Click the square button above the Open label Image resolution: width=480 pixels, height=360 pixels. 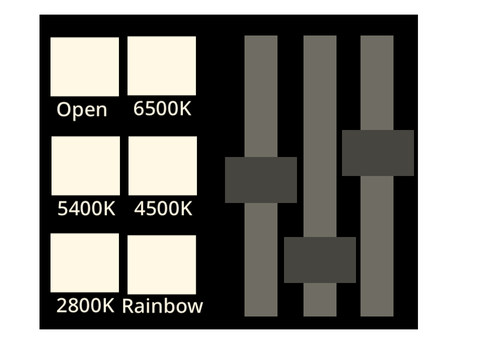coord(85,67)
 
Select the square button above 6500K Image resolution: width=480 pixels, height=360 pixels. coord(162,66)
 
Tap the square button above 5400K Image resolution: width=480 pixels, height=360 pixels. coord(86,166)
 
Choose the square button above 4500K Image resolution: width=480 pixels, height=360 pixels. coord(163,166)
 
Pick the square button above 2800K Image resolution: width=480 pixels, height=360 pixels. coord(85,263)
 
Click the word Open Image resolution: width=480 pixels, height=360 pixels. coord(82,110)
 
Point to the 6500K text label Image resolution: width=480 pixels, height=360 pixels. coord(162,109)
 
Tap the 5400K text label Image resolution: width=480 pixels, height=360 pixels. coord(86,209)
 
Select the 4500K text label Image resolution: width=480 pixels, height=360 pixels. coord(163,209)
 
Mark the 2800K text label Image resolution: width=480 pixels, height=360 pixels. coord(85,306)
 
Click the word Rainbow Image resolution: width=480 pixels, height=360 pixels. coord(163,306)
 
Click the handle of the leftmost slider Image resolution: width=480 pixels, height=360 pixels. coord(261,180)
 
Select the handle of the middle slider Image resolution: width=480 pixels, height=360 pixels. coord(320,260)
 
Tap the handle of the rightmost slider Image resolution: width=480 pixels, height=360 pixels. coord(378,153)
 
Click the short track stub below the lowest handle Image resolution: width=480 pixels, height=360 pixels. coord(320,300)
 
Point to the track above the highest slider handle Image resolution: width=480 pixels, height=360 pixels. coord(377,83)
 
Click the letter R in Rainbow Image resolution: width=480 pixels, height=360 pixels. coord(128,306)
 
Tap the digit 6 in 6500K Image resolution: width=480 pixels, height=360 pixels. coord(138,109)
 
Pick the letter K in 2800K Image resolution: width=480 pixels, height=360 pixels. coord(108,306)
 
